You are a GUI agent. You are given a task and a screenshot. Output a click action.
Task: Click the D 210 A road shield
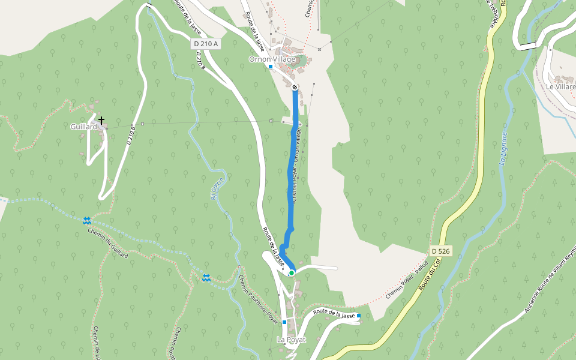(206, 44)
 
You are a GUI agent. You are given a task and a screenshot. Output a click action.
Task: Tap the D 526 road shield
(441, 250)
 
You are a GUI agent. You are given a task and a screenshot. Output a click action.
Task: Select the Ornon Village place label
(272, 59)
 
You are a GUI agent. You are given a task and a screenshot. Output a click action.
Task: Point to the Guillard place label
(83, 127)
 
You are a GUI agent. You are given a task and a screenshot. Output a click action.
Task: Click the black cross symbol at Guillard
(101, 121)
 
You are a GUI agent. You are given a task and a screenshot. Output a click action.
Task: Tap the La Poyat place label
(291, 340)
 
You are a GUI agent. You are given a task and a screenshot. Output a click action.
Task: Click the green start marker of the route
(292, 273)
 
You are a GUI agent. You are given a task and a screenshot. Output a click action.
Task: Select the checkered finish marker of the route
(295, 88)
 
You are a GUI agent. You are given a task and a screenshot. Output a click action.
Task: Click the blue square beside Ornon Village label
(271, 67)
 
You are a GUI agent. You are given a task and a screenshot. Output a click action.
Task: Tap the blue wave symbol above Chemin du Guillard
(87, 220)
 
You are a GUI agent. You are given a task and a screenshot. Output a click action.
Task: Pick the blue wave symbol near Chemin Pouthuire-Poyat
(206, 277)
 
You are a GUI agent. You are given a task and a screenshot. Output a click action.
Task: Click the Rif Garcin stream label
(217, 189)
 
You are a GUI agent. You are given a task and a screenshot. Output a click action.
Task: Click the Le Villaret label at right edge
(560, 86)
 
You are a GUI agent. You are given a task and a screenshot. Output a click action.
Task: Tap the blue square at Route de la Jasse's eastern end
(359, 316)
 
